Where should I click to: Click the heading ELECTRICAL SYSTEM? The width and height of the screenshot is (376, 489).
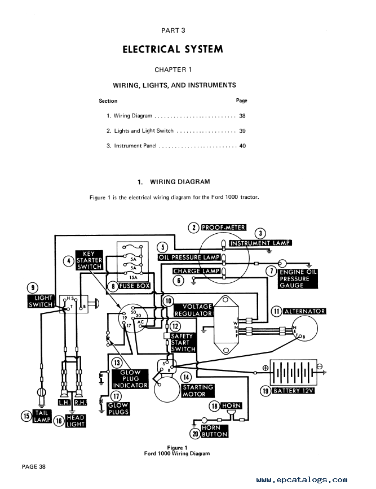pos(172,49)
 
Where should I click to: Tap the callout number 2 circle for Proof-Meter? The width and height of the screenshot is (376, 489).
pos(193,228)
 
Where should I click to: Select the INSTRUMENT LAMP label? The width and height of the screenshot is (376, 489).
pos(260,243)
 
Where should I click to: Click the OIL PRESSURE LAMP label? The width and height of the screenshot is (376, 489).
pos(189,257)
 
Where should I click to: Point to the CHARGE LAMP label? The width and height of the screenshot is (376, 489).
pos(197,271)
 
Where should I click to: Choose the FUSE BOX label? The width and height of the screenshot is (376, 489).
pos(135,286)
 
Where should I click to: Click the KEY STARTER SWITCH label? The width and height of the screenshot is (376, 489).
pos(89,260)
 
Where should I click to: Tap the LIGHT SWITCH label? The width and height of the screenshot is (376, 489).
pos(41,302)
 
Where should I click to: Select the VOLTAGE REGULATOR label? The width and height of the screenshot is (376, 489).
pos(193,310)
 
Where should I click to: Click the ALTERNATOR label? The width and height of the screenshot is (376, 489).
pos(305,311)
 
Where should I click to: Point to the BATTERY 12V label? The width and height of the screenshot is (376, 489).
pos(293,390)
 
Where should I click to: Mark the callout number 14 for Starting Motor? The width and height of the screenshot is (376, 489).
pos(186,377)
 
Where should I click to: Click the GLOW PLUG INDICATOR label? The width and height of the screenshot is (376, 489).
pos(130,378)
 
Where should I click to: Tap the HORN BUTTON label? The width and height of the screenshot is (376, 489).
pos(214,431)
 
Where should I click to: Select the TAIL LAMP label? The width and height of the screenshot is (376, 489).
pos(42,416)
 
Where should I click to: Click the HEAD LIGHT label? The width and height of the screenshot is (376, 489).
pos(76,421)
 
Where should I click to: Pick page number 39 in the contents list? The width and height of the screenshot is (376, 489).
pos(242,130)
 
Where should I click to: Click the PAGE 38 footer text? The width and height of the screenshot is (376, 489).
pos(34,466)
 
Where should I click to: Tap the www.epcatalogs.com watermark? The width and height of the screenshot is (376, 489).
pos(302,479)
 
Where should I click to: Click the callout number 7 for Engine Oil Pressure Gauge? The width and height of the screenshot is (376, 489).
pos(271,271)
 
